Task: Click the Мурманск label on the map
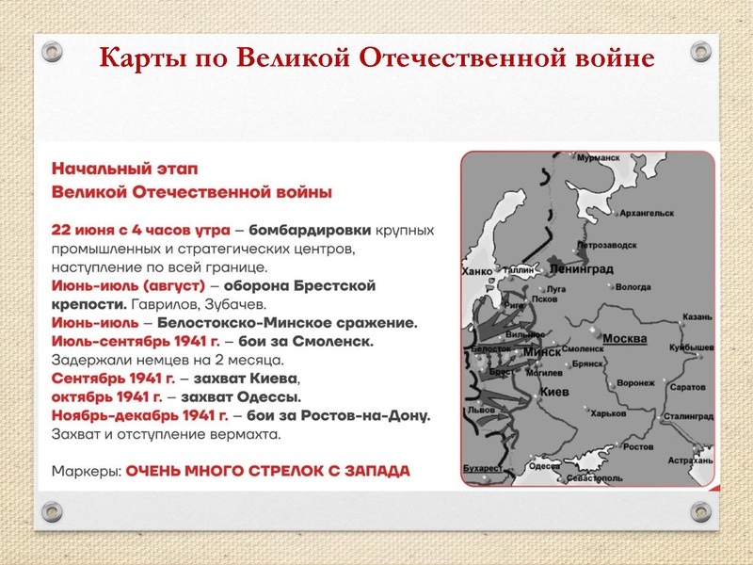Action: coord(598,157)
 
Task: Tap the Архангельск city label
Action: coord(648,213)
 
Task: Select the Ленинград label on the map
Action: coord(583,269)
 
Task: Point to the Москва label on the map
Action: coord(623,338)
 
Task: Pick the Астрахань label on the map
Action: coord(691,460)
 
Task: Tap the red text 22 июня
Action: coord(83,230)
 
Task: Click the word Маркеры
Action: coord(85,470)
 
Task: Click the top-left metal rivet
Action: coord(54,48)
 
